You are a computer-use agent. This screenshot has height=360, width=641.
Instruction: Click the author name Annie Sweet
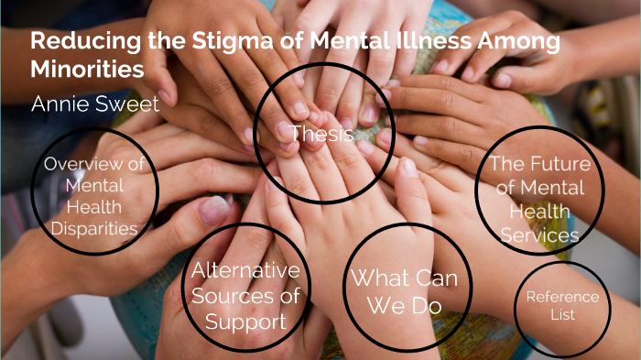(95, 104)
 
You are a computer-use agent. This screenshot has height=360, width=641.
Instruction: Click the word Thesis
(321, 134)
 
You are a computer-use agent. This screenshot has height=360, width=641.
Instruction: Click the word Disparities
(95, 228)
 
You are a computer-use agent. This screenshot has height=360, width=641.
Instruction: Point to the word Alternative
(245, 270)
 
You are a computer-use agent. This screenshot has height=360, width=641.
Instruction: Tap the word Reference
(562, 297)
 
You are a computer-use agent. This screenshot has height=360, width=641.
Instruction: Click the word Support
(245, 322)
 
